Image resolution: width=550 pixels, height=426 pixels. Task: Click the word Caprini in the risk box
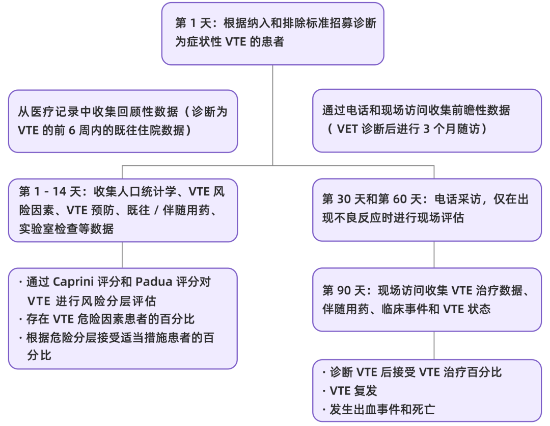(x=75, y=282)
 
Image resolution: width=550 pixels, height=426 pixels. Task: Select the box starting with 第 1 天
(x=272, y=33)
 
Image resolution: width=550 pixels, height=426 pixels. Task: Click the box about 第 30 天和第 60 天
(x=427, y=209)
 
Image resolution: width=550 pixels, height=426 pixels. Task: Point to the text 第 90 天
(x=344, y=291)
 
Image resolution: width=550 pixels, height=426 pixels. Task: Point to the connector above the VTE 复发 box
(x=434, y=345)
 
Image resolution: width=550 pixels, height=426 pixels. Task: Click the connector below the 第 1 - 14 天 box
(x=122, y=255)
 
